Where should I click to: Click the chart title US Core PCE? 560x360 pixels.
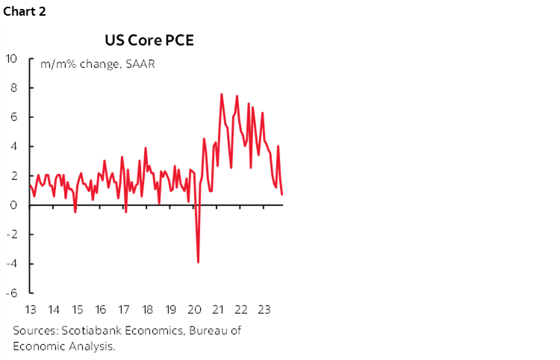(x=149, y=40)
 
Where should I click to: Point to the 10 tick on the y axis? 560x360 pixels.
(x=12, y=58)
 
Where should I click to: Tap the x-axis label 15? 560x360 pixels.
(x=77, y=310)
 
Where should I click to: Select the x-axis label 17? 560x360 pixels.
(x=123, y=310)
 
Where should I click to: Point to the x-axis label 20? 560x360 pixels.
(x=193, y=310)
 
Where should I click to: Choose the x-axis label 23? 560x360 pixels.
(x=263, y=310)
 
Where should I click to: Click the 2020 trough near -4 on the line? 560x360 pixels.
(x=198, y=262)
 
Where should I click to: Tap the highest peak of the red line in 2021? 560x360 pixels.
(x=222, y=94)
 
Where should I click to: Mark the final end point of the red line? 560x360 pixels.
(x=282, y=194)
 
